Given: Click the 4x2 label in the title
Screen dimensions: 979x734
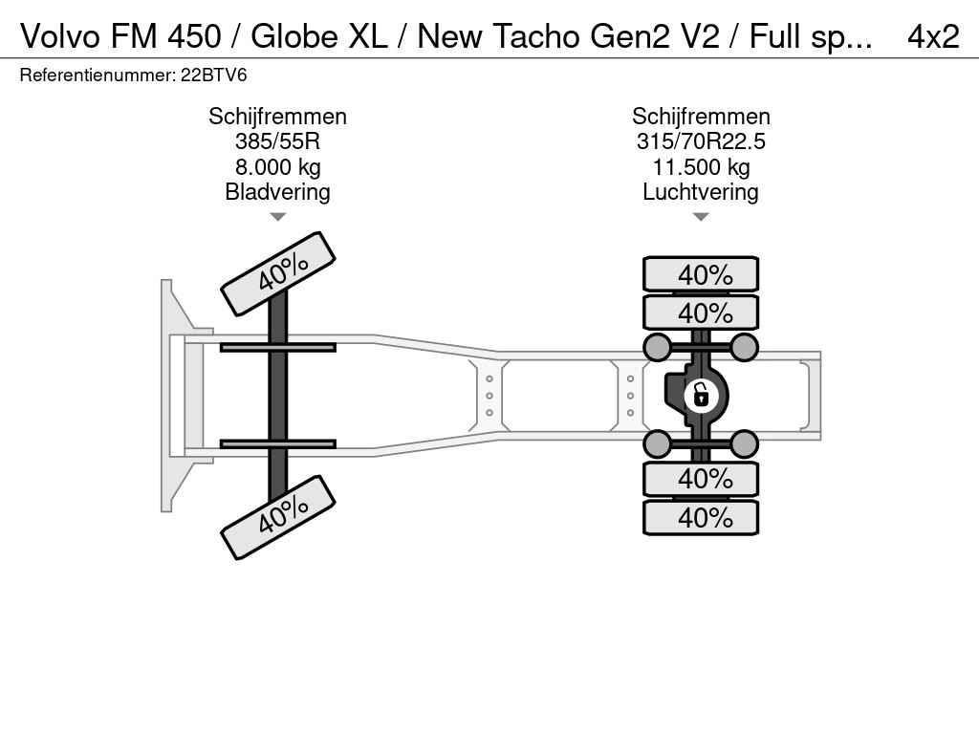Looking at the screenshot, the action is pyautogui.click(x=933, y=36).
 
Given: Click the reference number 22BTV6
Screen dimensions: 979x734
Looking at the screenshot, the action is pyautogui.click(x=213, y=76).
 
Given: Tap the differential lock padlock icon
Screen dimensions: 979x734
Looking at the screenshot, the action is pyautogui.click(x=701, y=396).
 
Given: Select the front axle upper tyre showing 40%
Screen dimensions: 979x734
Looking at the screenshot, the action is pyautogui.click(x=278, y=273).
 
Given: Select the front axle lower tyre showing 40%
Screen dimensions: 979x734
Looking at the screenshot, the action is pyautogui.click(x=278, y=517).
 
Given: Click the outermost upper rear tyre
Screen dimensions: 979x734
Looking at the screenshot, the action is pyautogui.click(x=701, y=274).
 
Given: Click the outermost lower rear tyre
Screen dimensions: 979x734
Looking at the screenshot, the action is pyautogui.click(x=701, y=517).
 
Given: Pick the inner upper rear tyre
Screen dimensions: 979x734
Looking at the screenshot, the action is pyautogui.click(x=701, y=313).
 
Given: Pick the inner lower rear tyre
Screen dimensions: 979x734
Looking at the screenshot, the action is pyautogui.click(x=701, y=479).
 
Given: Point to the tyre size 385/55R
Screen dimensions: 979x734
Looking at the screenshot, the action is pyautogui.click(x=278, y=141).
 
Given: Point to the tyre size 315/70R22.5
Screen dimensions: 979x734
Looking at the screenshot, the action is pyautogui.click(x=701, y=141).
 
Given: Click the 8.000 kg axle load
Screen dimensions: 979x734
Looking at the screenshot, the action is pyautogui.click(x=278, y=166).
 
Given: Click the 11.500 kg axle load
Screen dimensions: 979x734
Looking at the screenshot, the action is pyautogui.click(x=701, y=166).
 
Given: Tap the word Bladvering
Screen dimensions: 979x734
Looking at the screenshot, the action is pyautogui.click(x=278, y=191).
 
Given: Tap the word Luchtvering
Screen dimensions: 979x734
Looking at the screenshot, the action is pyautogui.click(x=701, y=191).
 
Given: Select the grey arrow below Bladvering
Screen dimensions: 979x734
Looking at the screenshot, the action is pyautogui.click(x=278, y=217).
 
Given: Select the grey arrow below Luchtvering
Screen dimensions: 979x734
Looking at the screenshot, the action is pyautogui.click(x=701, y=217).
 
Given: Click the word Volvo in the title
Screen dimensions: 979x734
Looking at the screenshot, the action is pyautogui.click(x=60, y=36).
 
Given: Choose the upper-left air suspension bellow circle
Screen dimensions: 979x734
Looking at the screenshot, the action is pyautogui.click(x=658, y=347).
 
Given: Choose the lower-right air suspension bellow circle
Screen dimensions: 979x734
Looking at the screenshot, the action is pyautogui.click(x=744, y=444).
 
